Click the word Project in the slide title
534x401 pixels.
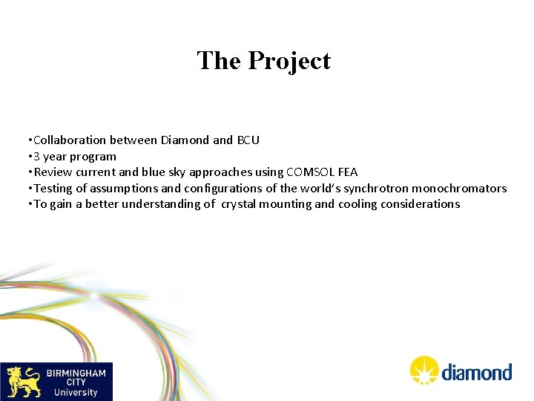(290, 61)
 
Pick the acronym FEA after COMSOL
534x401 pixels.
(347, 172)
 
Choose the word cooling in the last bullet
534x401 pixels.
(357, 204)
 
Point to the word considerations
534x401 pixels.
(421, 204)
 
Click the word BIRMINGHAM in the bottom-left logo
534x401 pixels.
(76, 373)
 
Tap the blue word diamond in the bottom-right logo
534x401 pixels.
(477, 372)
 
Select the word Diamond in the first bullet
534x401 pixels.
(185, 140)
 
